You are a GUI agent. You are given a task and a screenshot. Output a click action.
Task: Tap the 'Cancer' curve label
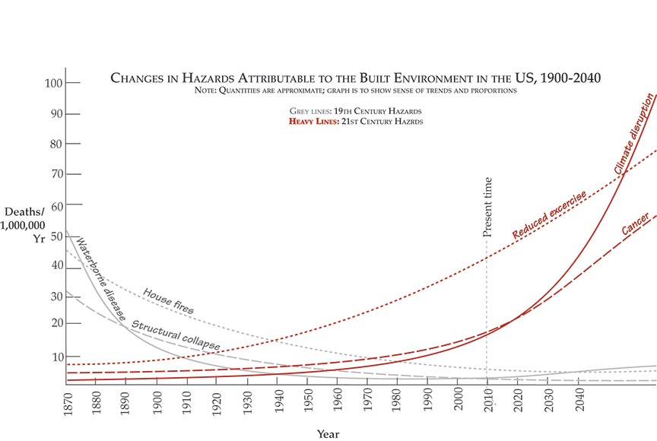[635, 224]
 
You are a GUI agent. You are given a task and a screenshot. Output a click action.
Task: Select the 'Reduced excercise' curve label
[549, 215]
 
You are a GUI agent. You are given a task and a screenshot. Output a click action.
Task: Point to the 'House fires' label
[168, 300]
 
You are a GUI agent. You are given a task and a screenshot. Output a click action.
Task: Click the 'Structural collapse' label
[176, 335]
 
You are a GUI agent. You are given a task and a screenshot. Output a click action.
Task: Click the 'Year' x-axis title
[328, 434]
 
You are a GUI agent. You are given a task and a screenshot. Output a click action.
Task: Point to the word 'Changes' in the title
[141, 78]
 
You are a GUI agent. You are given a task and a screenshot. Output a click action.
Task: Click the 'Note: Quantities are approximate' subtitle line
[355, 90]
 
